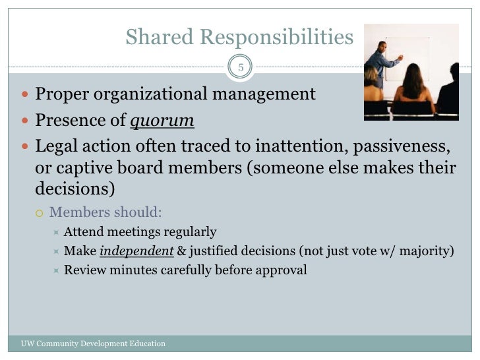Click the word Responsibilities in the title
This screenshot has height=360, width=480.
point(278,38)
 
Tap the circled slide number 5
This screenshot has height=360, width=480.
point(241,67)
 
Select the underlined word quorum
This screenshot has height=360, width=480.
point(166,121)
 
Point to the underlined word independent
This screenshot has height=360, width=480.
point(136,251)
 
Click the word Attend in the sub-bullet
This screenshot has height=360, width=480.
point(83,232)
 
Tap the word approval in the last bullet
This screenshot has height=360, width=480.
point(282,270)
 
